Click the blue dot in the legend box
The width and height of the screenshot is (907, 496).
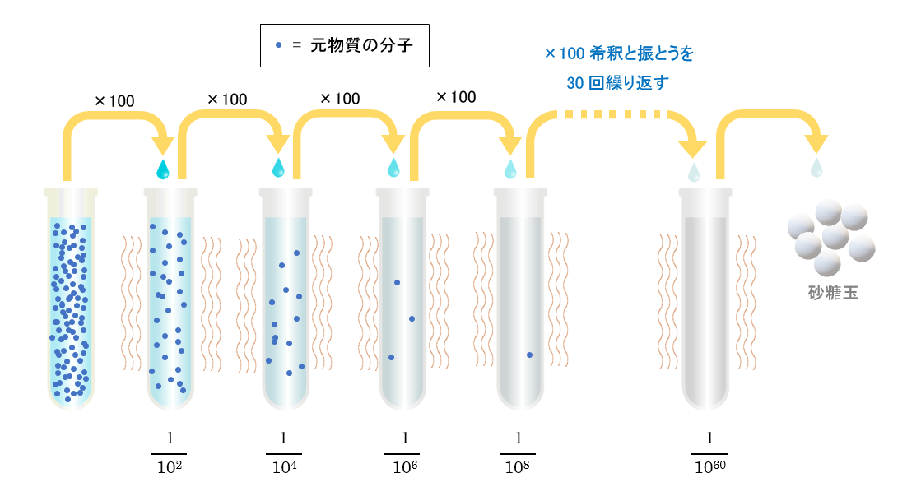(x=279, y=45)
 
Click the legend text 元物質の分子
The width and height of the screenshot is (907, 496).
(x=361, y=45)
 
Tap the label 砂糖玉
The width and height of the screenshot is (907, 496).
(x=833, y=293)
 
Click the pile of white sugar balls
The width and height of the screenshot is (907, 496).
(x=830, y=237)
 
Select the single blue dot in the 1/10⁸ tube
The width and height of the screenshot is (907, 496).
(x=530, y=355)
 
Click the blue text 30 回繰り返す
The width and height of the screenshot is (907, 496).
(x=617, y=82)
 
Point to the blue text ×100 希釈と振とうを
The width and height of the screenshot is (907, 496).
(x=619, y=53)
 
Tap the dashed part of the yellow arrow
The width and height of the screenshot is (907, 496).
(x=612, y=114)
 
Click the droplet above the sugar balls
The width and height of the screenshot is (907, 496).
(x=816, y=168)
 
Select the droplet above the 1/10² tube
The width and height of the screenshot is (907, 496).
(x=163, y=169)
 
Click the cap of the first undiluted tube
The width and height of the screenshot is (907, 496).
(x=71, y=192)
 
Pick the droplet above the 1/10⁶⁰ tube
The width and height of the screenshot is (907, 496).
(x=694, y=172)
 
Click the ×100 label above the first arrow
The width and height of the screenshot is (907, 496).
(x=114, y=101)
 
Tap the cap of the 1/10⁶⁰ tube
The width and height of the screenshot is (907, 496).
(x=705, y=192)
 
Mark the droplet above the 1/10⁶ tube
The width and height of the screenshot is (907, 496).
(x=393, y=167)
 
